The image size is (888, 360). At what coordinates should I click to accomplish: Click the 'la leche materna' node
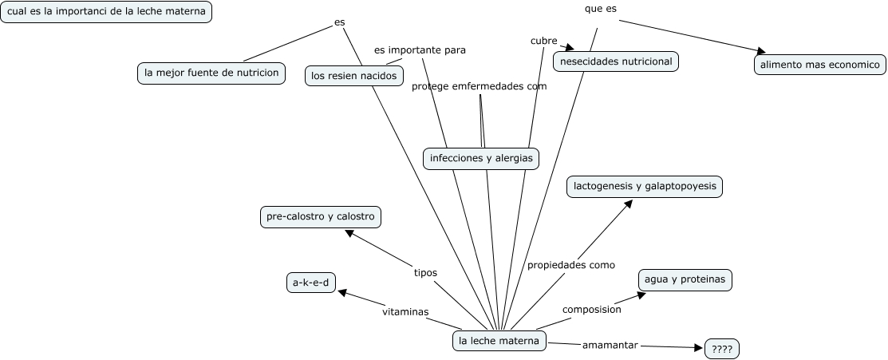499,341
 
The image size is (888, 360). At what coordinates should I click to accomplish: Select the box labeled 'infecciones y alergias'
480,158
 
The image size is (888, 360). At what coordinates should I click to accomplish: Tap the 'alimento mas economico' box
819,65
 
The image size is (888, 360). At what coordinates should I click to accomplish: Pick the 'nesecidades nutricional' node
616,61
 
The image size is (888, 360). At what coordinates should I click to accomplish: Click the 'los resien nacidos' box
354,76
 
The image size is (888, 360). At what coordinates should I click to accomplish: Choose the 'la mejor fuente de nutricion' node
211,73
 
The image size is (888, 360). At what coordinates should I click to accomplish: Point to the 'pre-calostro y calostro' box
320,216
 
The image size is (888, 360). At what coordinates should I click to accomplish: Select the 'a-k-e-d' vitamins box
310,283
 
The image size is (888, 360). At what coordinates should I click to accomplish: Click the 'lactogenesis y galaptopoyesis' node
645,187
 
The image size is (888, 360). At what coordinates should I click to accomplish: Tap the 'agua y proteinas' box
685,279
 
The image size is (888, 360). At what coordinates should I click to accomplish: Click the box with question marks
722,349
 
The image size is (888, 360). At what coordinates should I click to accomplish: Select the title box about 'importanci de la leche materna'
106,12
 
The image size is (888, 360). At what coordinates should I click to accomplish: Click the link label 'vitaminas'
405,311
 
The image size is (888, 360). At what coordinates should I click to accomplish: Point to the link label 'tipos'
425,272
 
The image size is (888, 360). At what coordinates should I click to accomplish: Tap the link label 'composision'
591,309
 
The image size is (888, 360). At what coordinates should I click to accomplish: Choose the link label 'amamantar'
610,345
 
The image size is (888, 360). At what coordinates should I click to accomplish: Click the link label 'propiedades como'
570,265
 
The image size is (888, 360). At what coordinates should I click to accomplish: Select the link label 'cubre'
543,40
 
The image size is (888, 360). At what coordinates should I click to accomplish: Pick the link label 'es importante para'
420,49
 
